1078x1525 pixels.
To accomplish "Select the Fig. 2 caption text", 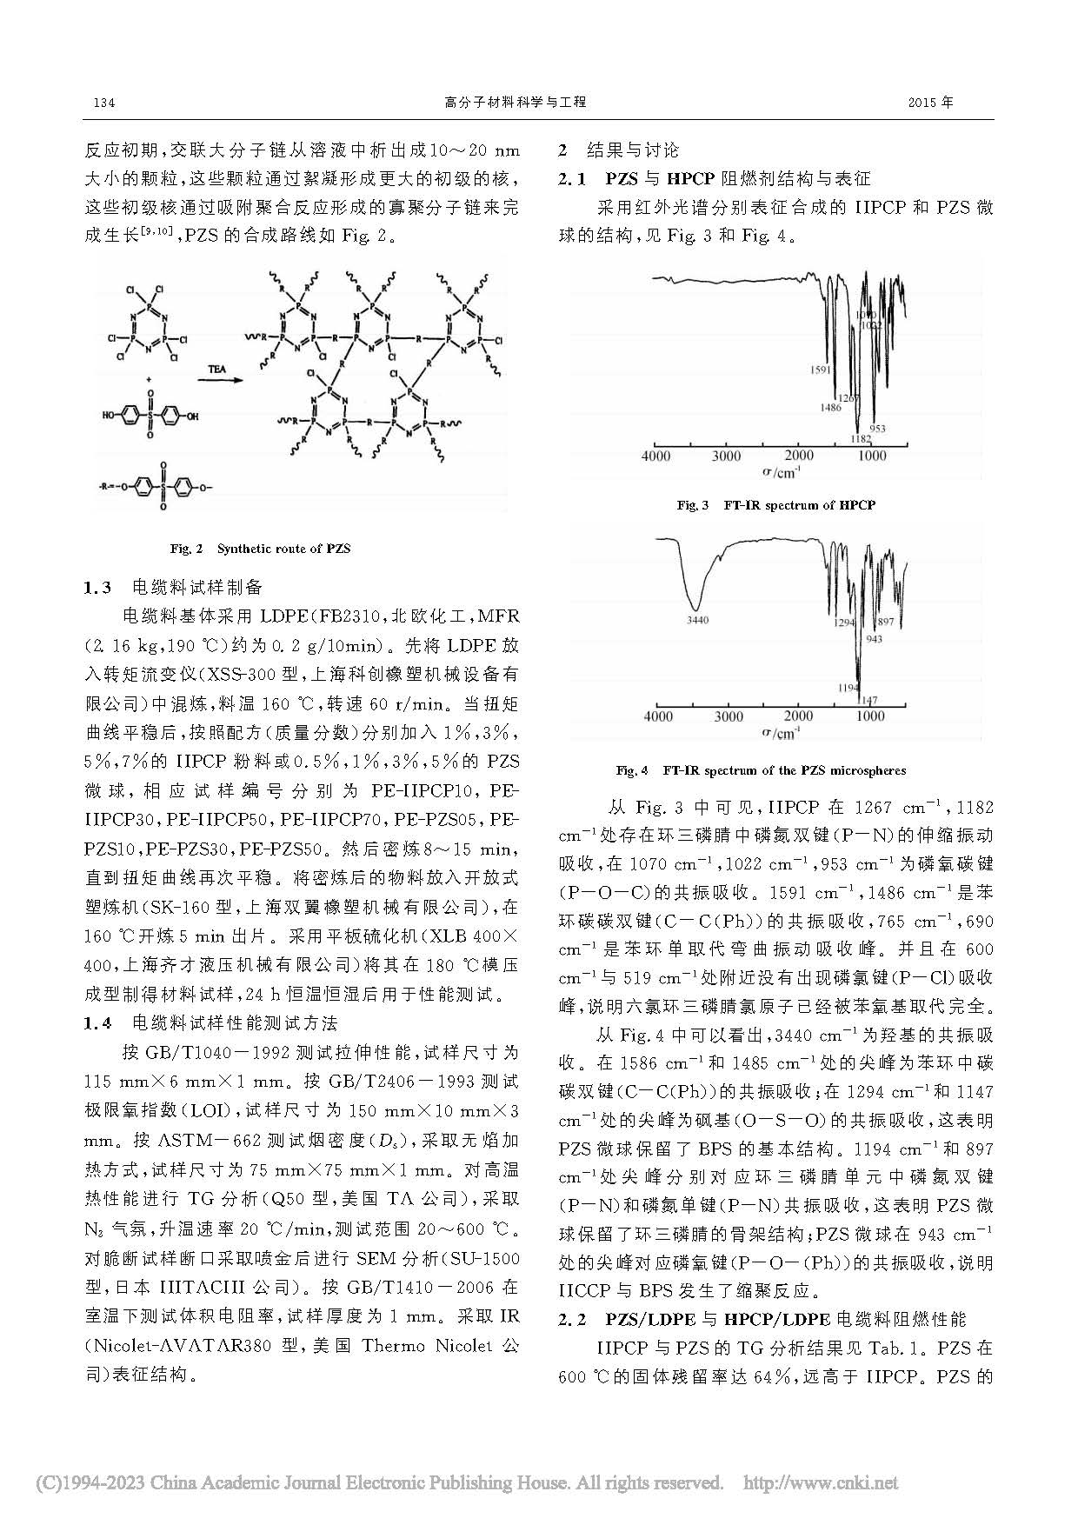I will pyautogui.click(x=260, y=549).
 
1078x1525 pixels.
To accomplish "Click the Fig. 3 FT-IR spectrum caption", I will pyautogui.click(x=775, y=505).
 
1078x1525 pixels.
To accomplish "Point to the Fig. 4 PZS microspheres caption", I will pyautogui.click(x=761, y=770).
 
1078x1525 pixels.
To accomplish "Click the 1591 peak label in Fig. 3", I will pyautogui.click(x=821, y=370).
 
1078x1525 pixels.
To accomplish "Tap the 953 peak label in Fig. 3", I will pyautogui.click(x=877, y=429).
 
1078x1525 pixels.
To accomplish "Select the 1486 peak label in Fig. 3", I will pyautogui.click(x=830, y=407).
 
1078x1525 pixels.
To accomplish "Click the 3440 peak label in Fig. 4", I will pyautogui.click(x=697, y=620).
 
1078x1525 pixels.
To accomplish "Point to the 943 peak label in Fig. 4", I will pyautogui.click(x=874, y=639).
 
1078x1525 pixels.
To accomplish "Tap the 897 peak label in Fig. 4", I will pyautogui.click(x=886, y=622).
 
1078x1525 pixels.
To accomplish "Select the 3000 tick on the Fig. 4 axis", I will pyautogui.click(x=729, y=716).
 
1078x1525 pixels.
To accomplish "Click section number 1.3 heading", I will pyautogui.click(x=97, y=588).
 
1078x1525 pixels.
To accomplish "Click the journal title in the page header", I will pyautogui.click(x=515, y=103).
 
